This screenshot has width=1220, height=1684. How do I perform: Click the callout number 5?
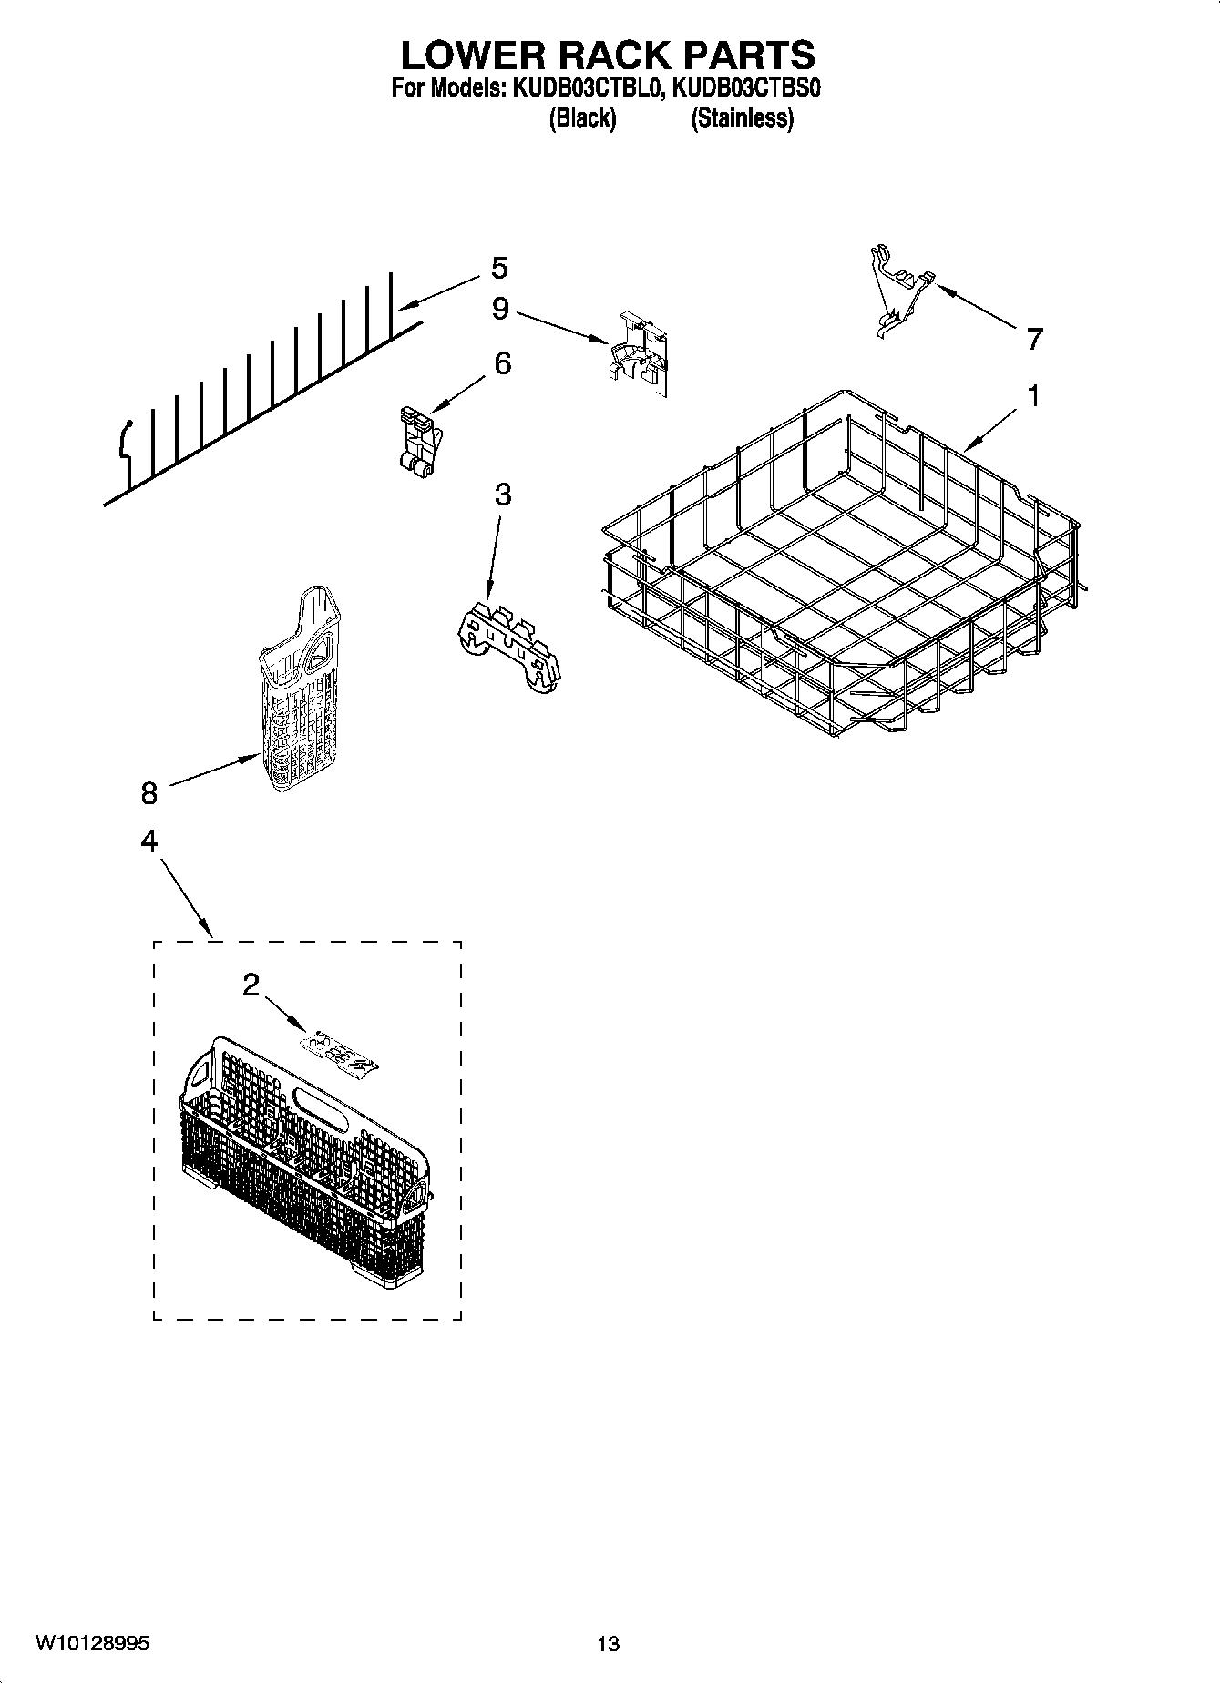click(x=498, y=268)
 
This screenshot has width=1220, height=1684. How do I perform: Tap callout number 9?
click(x=500, y=309)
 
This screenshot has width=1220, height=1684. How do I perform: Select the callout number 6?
click(x=502, y=363)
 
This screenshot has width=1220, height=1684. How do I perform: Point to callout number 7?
click(x=1033, y=340)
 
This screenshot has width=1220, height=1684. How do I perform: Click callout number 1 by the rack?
click(x=1033, y=396)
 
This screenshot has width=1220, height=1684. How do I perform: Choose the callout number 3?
click(x=502, y=495)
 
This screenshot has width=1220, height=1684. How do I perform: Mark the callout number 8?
click(x=149, y=793)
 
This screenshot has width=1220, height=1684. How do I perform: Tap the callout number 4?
click(x=149, y=840)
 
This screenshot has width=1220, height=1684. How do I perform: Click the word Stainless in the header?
click(x=742, y=118)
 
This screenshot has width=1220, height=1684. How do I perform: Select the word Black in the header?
click(x=582, y=118)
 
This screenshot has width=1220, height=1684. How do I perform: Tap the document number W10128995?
click(x=93, y=1643)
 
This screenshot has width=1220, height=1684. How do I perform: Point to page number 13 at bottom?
click(x=608, y=1644)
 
